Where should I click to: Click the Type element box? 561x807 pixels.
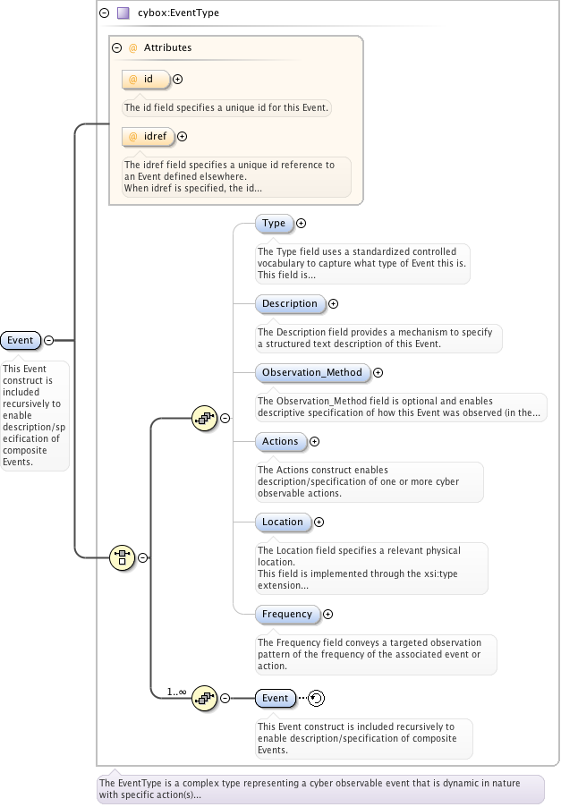(274, 224)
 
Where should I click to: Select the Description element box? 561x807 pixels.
(290, 304)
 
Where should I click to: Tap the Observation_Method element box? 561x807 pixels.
(312, 373)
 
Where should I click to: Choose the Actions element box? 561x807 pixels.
(280, 442)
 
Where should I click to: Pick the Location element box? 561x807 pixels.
(283, 522)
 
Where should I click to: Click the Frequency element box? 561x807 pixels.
(287, 615)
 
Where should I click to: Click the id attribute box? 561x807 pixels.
(146, 80)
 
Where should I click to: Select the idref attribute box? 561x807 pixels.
(148, 137)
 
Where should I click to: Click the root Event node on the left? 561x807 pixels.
(21, 340)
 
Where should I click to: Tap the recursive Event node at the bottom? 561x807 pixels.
(275, 699)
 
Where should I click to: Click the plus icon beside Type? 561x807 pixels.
(302, 224)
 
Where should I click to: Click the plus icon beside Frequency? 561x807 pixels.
(327, 615)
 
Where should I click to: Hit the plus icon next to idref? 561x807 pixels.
(183, 137)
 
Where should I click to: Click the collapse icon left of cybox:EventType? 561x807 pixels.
(105, 13)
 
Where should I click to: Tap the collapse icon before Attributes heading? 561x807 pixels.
(117, 47)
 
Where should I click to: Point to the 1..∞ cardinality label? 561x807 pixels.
(176, 692)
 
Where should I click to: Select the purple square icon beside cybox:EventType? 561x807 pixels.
(123, 13)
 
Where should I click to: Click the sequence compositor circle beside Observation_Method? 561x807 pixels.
(205, 418)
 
